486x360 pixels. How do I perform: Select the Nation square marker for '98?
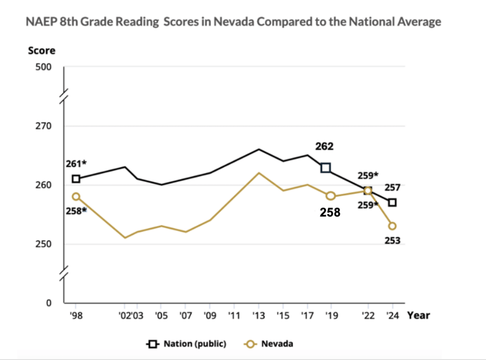76,179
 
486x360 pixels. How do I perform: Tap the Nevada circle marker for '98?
76,196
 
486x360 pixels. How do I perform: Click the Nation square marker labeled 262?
326,167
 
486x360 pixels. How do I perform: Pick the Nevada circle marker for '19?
331,196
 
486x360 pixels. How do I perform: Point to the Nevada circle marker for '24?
392,226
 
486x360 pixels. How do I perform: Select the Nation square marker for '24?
392,203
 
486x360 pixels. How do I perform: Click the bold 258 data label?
330,212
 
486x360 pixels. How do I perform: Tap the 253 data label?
392,240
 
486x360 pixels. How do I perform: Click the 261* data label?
76,164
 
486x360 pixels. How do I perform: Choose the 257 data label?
392,188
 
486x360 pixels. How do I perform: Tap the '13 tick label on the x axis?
258,315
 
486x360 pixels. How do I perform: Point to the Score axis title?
41,51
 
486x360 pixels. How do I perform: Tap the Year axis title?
419,315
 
